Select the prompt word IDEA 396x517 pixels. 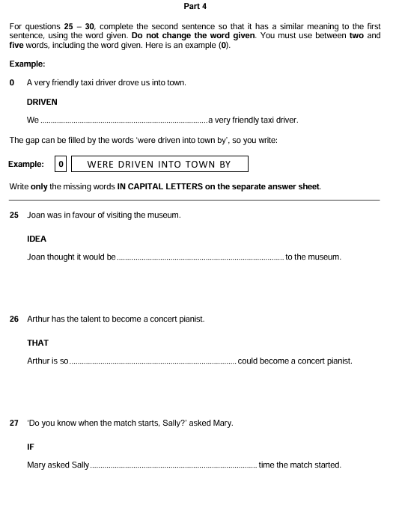pos(37,239)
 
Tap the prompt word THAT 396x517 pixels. pos(37,343)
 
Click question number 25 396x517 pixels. pos(14,215)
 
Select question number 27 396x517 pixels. pos(14,423)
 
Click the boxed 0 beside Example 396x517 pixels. pos(61,164)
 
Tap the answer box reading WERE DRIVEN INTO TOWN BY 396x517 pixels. pos(159,164)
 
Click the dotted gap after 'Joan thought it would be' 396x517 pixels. pos(200,257)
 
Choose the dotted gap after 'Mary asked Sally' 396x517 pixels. pos(173,465)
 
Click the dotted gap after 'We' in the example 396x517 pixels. pos(124,120)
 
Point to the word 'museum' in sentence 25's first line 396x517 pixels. pos(164,215)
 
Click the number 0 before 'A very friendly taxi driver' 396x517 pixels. pos(12,82)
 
